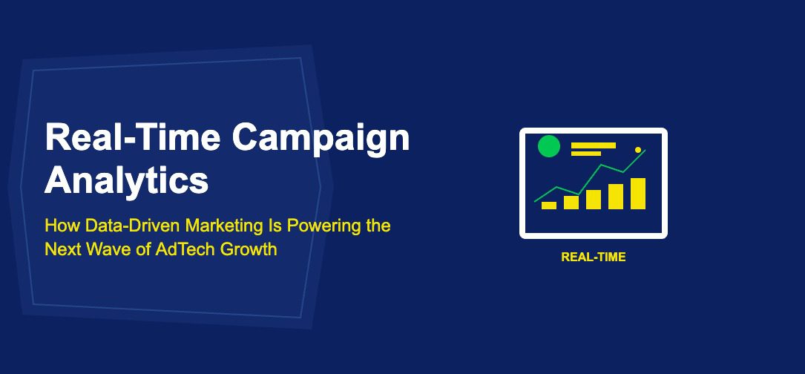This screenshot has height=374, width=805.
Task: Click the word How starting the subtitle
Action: tap(62, 225)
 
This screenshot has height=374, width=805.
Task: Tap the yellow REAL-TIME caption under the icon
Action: tap(594, 257)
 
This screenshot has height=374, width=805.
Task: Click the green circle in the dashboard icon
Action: tap(548, 146)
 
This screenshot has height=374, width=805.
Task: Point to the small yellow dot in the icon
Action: tap(637, 150)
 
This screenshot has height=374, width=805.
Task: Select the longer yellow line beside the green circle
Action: tap(594, 145)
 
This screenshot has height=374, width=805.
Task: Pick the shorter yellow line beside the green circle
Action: tap(586, 153)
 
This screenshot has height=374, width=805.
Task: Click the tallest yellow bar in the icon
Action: tap(638, 194)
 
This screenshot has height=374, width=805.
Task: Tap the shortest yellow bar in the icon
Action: tap(549, 206)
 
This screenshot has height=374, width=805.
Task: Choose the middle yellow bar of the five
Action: tap(594, 200)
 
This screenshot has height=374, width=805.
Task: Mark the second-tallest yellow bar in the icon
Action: tap(616, 197)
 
